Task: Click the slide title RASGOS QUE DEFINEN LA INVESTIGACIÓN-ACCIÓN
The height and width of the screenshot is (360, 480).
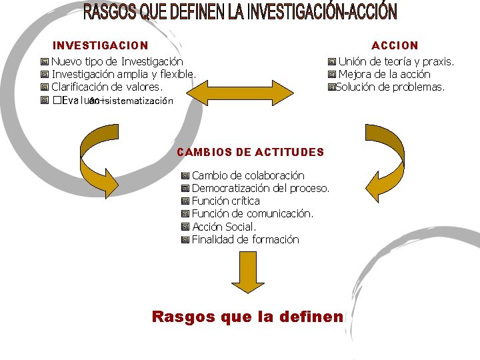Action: coord(240,13)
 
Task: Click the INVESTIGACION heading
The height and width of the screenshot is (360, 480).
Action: coord(100,45)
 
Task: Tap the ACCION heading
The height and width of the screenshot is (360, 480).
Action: coord(395,45)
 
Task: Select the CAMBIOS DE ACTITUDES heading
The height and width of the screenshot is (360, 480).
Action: coord(250,152)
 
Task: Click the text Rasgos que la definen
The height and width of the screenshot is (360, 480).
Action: coord(247,317)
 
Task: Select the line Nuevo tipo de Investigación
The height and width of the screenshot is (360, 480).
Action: coord(117,61)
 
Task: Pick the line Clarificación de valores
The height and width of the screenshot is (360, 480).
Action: coord(107,87)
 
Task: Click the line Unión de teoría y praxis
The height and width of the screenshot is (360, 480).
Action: coord(396,61)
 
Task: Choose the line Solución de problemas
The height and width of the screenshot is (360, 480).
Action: coord(390,87)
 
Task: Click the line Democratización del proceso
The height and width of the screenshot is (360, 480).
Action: coord(260,188)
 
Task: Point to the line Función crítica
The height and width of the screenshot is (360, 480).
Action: coord(225,201)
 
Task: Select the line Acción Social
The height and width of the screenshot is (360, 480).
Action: coord(223,227)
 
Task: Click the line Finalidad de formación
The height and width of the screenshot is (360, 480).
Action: coord(245,239)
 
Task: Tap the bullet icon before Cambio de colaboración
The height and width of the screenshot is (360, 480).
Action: coord(185,176)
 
